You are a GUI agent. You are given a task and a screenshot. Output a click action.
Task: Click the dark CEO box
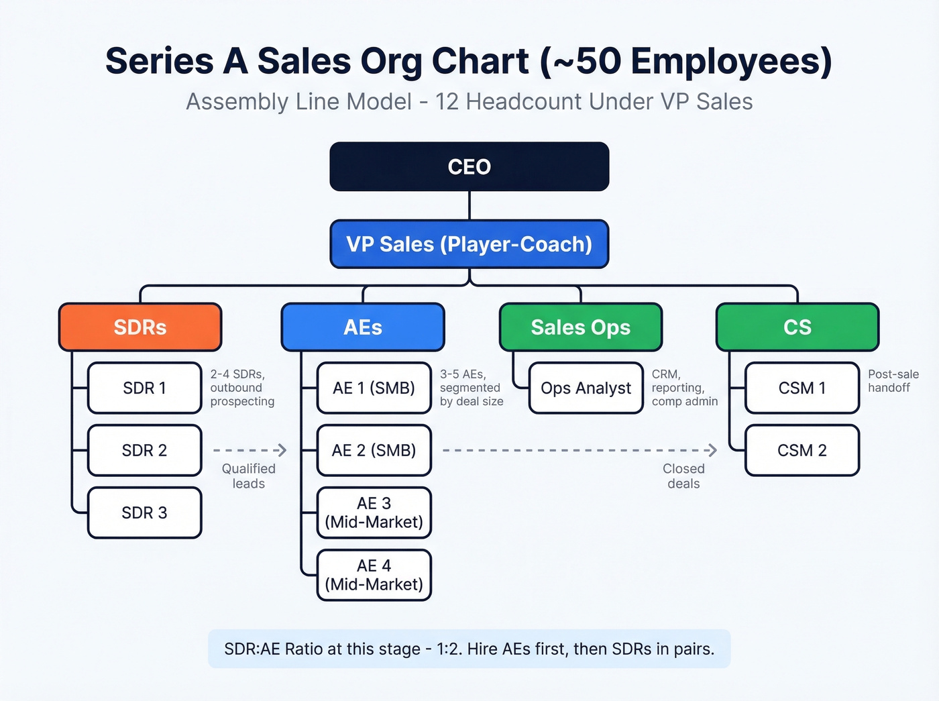(x=469, y=166)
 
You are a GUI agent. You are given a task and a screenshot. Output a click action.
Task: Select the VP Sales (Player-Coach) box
(x=469, y=244)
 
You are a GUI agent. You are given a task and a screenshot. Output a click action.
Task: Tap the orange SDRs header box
(x=140, y=327)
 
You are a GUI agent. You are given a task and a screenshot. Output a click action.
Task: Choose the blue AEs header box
(x=363, y=327)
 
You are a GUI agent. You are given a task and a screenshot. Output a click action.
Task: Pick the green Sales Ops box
(x=581, y=327)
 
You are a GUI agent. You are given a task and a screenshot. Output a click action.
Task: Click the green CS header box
(x=797, y=327)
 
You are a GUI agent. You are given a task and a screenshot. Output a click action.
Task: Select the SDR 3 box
(x=144, y=513)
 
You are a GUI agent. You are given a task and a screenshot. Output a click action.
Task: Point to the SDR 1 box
(x=144, y=388)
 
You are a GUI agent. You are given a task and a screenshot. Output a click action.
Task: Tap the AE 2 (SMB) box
(x=374, y=451)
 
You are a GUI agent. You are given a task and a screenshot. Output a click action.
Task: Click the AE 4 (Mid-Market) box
(x=374, y=576)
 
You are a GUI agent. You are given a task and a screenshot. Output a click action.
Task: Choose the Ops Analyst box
(x=586, y=388)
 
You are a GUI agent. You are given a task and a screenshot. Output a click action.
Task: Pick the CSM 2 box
(x=802, y=451)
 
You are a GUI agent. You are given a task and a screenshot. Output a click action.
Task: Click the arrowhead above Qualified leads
(x=282, y=450)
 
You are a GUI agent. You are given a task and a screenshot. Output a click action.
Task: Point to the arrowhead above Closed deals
(x=712, y=450)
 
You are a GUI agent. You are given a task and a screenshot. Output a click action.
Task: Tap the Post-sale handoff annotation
(x=893, y=381)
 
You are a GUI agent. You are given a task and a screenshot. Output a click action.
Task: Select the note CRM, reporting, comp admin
(x=684, y=388)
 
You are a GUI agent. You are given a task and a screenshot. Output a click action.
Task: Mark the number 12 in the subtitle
(x=447, y=102)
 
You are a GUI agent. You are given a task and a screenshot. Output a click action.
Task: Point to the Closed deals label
(x=683, y=476)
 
